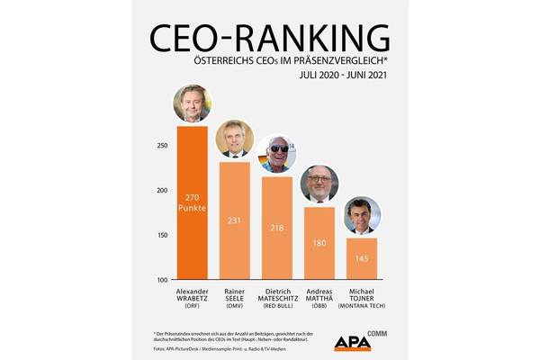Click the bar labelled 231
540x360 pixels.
click(235, 220)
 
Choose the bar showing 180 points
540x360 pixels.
click(319, 243)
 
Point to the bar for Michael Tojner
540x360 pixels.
click(362, 258)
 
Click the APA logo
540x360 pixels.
click(353, 343)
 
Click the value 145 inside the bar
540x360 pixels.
click(362, 259)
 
